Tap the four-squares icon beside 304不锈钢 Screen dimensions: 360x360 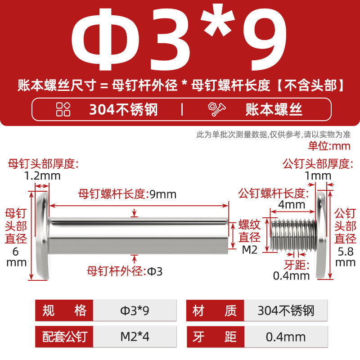tap(63, 109)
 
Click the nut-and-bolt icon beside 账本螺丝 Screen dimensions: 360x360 tap(216, 109)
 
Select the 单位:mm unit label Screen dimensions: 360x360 tap(329, 146)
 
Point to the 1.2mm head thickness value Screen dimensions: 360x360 tap(42, 176)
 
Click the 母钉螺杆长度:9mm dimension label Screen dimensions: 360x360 tap(127, 194)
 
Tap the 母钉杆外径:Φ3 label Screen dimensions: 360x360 tap(125, 271)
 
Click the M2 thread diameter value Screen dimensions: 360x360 tap(250, 250)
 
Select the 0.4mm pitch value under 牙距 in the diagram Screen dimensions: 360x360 tap(291, 276)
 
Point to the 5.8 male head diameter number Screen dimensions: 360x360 tap(346, 252)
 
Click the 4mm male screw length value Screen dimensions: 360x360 tap(292, 204)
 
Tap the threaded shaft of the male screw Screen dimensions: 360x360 tap(293, 234)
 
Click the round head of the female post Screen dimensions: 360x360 tap(43, 235)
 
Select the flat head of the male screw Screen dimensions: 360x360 tap(321, 235)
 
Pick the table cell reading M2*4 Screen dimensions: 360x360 tap(135, 337)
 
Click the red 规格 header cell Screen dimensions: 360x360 tap(64, 310)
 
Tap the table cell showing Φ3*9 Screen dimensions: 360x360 tap(135, 310)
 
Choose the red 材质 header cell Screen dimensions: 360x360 tap(215, 310)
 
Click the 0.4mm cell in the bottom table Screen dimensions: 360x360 tap(286, 337)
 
